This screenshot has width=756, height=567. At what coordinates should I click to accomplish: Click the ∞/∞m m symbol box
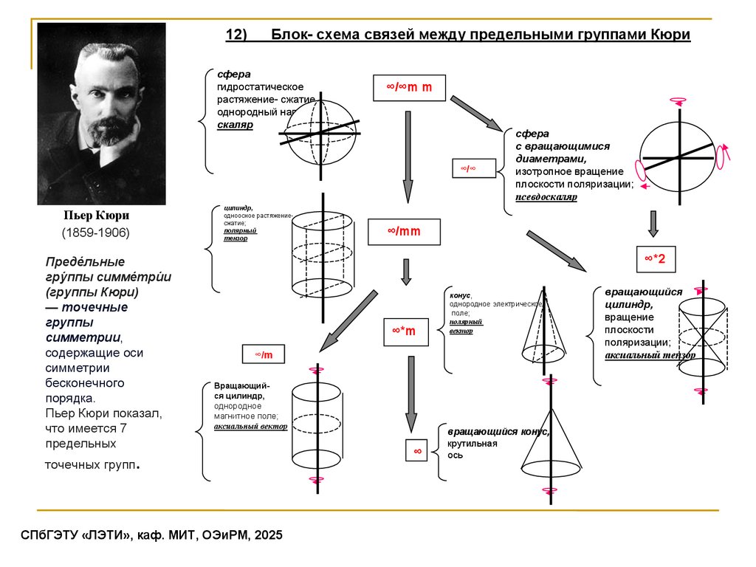coord(408,88)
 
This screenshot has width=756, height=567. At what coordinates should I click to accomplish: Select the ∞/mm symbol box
coord(404,232)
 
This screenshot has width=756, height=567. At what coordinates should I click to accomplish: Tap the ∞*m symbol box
coord(404,331)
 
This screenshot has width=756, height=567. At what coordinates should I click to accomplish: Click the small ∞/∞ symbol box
coord(468,169)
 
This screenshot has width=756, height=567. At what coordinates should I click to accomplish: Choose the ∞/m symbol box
coord(264,355)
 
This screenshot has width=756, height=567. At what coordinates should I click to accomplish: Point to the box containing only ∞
coord(417,450)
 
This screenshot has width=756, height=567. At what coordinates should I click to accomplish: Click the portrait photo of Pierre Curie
coord(101,113)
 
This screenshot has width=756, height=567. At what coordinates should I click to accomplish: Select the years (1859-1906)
coord(95,233)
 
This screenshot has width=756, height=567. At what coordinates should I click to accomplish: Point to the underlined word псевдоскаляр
coord(546,197)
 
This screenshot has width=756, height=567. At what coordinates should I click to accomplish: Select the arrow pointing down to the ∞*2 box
coord(653,223)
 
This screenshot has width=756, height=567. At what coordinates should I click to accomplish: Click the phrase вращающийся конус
coord(498,431)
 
